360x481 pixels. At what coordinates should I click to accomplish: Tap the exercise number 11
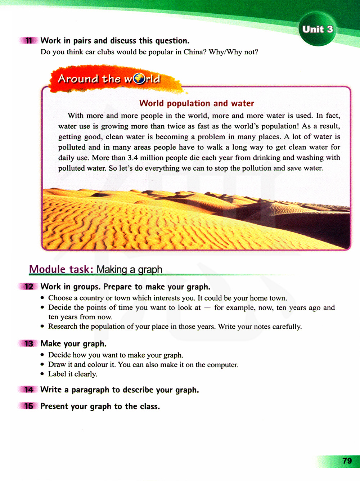click(29, 41)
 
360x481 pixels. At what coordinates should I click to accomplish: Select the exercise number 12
click(29, 287)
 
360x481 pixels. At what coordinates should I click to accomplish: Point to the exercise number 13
click(29, 343)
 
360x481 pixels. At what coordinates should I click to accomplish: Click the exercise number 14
click(29, 390)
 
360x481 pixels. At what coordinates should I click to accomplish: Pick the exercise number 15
click(29, 406)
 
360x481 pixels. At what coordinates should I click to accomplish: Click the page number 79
click(347, 461)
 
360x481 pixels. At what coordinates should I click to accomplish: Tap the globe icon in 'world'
click(139, 78)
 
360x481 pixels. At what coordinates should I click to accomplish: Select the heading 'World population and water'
click(197, 103)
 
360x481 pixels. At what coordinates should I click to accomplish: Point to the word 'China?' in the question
click(195, 52)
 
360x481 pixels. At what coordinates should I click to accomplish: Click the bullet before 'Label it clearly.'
click(42, 374)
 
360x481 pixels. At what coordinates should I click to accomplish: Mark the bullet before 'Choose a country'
click(42, 298)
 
